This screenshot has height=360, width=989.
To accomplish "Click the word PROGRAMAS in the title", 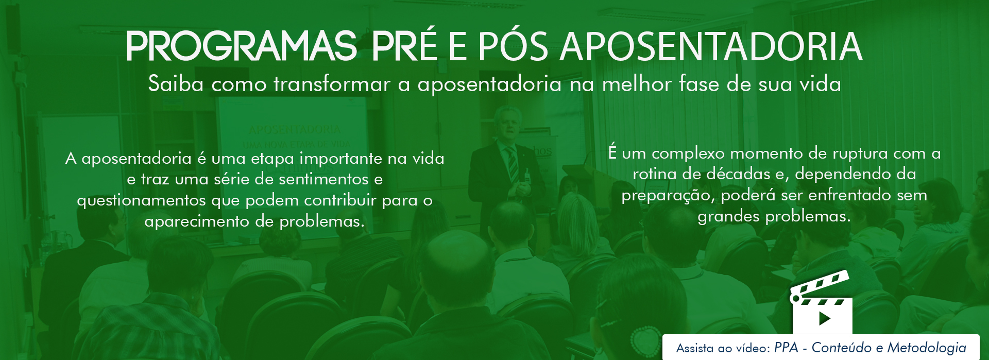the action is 242,46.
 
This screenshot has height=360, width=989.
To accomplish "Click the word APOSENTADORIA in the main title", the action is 711,46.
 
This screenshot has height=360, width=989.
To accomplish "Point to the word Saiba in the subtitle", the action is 176,83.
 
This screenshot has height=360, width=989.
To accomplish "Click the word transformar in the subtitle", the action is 332,83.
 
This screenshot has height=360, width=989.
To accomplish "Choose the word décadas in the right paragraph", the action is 738,174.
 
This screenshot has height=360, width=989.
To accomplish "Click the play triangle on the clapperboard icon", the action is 825,318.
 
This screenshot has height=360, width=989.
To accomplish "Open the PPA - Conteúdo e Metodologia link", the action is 870,348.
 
